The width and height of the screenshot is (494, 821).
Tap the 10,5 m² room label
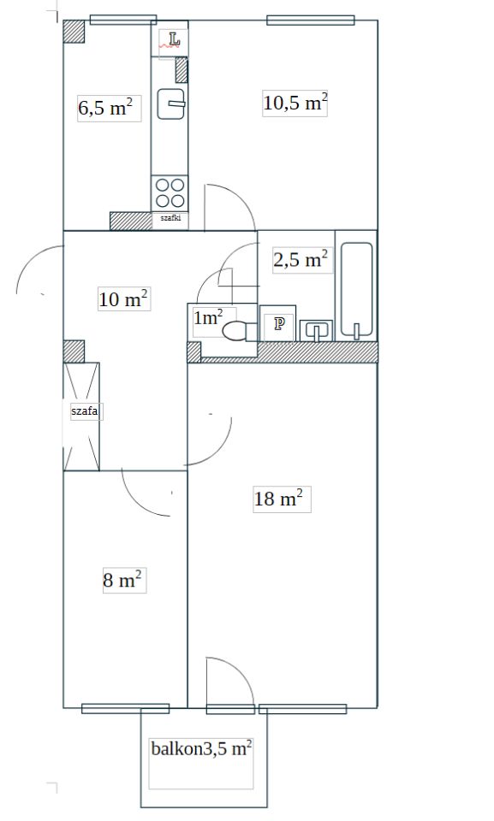[x=295, y=103]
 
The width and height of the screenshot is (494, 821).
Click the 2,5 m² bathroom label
[x=301, y=259]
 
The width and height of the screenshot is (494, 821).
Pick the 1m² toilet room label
[x=208, y=316]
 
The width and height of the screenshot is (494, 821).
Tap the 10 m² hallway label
[x=123, y=299]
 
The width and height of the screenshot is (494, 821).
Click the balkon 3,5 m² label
[x=201, y=748]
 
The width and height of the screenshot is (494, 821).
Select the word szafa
[x=85, y=411]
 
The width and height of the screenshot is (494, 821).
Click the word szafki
[x=170, y=218]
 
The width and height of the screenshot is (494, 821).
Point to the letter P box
[x=279, y=324]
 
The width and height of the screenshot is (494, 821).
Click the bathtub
[x=357, y=290]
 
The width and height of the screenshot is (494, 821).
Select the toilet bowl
[x=237, y=332]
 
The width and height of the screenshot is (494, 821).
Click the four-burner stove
[x=170, y=192]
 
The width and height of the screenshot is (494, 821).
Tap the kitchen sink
[x=171, y=103]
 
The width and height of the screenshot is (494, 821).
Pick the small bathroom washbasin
[x=316, y=330]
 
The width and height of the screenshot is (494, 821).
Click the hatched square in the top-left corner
[x=74, y=32]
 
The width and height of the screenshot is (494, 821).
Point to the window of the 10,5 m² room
[x=311, y=21]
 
